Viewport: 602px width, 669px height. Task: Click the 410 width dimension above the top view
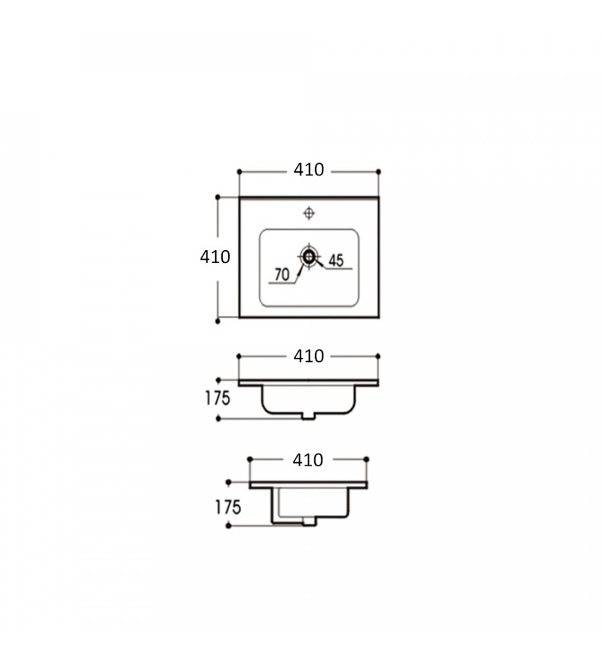[x=308, y=170]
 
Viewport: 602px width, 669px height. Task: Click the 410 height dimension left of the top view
[x=215, y=257]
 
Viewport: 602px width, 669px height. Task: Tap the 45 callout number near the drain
[x=336, y=260]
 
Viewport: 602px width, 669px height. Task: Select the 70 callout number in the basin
[x=282, y=274]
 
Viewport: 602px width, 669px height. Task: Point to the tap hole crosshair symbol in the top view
[x=309, y=213]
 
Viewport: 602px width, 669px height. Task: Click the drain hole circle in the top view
[x=308, y=256]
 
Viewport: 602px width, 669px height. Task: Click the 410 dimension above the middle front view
[x=308, y=356]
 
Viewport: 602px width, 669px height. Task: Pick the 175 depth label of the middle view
[x=217, y=398]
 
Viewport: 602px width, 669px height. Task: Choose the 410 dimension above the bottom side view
[x=308, y=460]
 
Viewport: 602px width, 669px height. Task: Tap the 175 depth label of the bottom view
[x=228, y=507]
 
